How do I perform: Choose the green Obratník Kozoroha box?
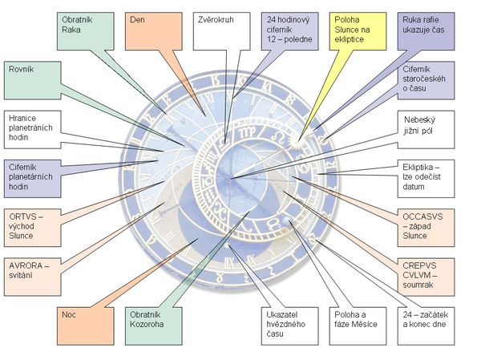click(x=153, y=325)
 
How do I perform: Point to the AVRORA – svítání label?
click(x=32, y=273)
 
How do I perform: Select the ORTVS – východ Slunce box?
click(x=32, y=225)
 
